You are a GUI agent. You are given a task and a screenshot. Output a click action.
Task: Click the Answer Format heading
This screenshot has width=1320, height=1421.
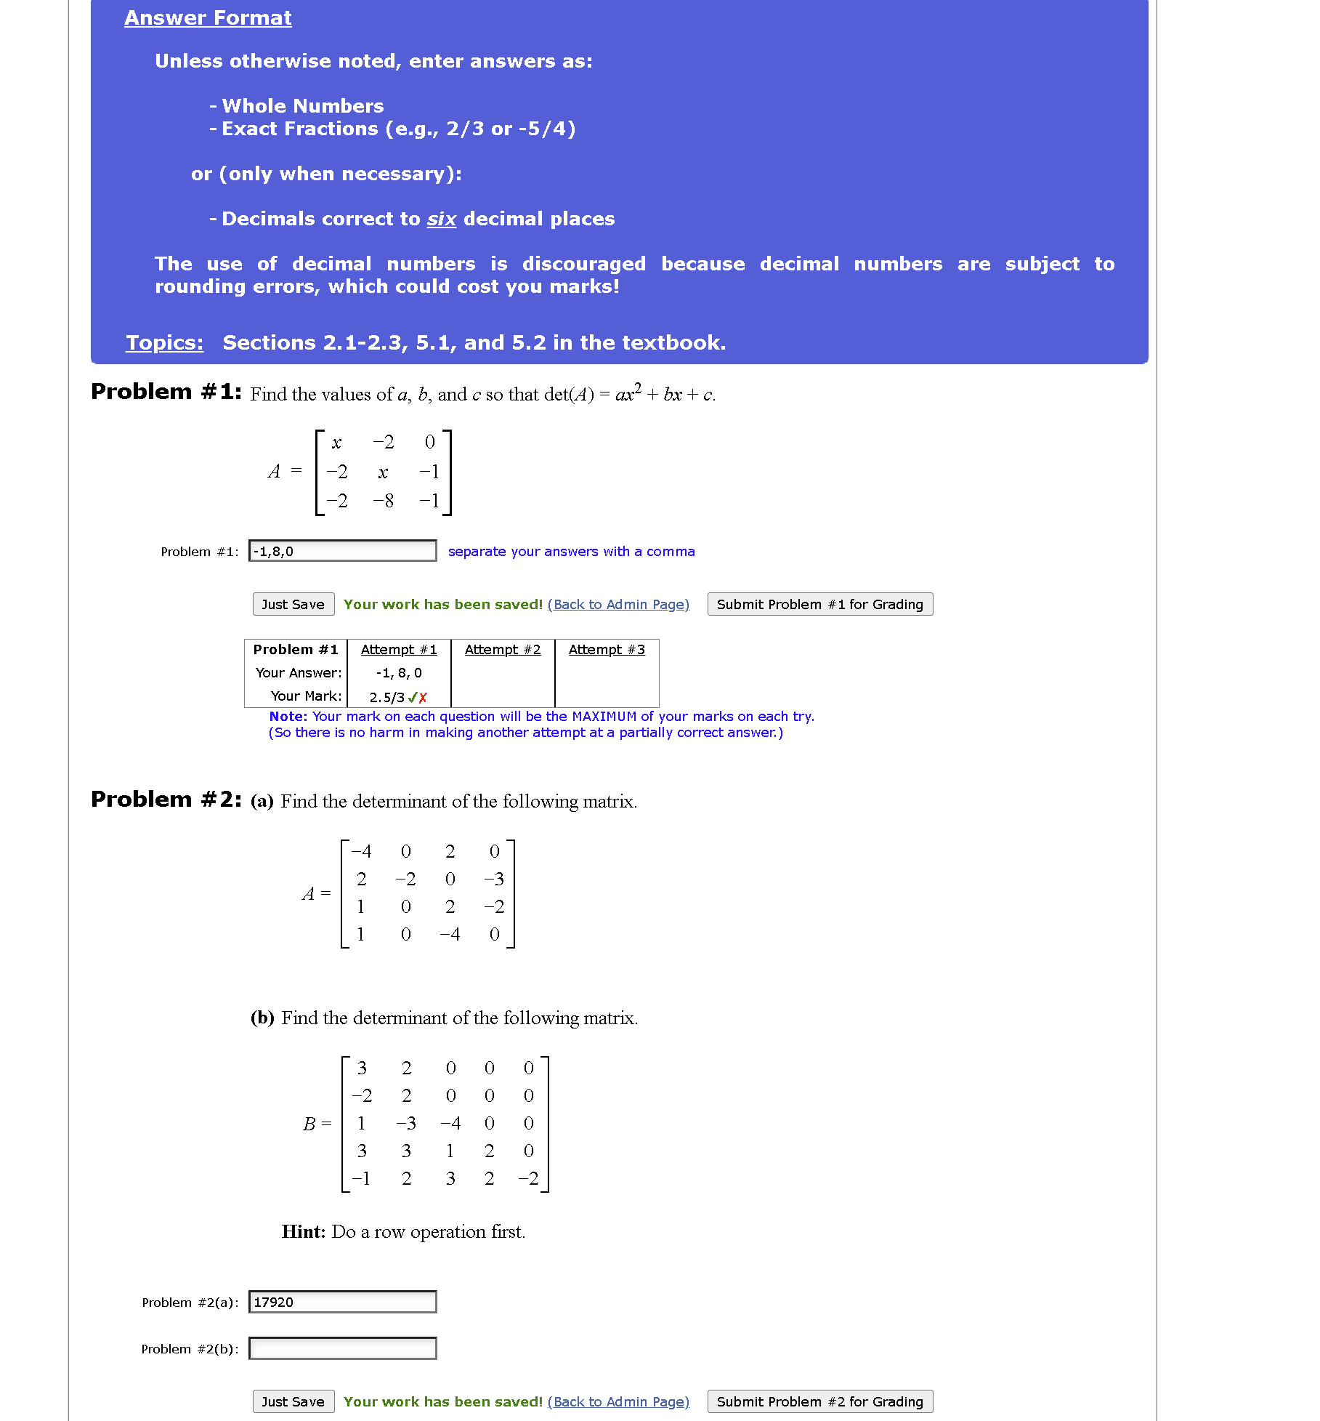[x=208, y=17]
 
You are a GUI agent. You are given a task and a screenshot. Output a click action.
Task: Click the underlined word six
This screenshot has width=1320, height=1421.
[x=441, y=219]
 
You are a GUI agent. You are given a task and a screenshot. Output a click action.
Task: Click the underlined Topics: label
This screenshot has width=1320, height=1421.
[x=164, y=342]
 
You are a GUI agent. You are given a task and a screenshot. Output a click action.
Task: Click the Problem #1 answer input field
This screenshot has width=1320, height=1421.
[x=342, y=551]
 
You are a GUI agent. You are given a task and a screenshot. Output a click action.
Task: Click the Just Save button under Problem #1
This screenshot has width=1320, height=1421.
[x=293, y=604]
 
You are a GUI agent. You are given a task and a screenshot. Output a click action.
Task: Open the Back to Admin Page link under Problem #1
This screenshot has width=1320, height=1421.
[x=618, y=604]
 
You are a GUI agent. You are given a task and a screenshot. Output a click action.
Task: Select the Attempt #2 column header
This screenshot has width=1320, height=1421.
[x=503, y=649]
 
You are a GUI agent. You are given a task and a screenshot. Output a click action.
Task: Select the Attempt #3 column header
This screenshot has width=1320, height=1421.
[x=607, y=649]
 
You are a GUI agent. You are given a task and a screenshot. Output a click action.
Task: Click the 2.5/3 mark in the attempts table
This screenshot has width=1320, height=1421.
[x=386, y=697]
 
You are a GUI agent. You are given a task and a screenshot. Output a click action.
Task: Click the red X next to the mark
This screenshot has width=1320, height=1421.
[x=424, y=697]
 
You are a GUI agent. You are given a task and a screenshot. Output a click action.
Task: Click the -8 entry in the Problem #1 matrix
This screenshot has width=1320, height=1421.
[x=384, y=501]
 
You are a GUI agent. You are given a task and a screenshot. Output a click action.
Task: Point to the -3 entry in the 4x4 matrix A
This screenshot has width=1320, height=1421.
[x=494, y=879]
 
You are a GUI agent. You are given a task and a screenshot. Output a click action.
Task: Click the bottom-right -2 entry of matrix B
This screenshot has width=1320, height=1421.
[x=528, y=1178]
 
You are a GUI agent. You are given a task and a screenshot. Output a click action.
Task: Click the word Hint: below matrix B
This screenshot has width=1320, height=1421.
[x=304, y=1231]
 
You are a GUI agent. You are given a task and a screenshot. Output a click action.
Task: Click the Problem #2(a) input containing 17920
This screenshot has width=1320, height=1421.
[x=342, y=1302]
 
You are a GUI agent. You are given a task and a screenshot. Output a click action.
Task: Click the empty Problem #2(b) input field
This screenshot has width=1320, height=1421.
[x=342, y=1348]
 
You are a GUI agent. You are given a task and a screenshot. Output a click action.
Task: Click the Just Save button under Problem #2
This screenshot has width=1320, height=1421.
[x=293, y=1401]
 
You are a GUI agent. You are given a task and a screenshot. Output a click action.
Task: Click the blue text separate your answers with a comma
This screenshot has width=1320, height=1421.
[x=571, y=551]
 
